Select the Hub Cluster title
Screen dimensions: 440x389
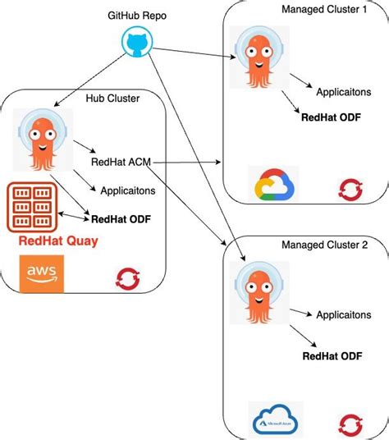[x=112, y=99]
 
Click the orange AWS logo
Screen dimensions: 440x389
[x=41, y=273]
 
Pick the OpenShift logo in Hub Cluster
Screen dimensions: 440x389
[x=127, y=280]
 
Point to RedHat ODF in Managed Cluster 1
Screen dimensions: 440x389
[x=332, y=117]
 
